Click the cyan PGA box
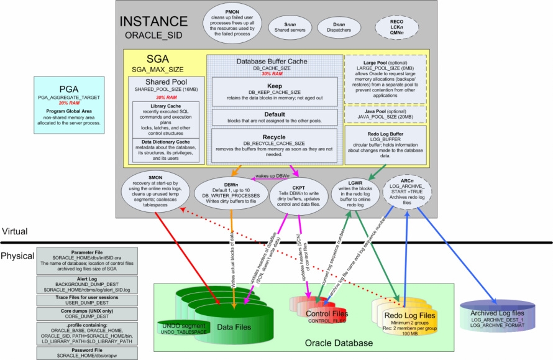pyautogui.click(x=73, y=105)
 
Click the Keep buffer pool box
pyautogui.click(x=273, y=91)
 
